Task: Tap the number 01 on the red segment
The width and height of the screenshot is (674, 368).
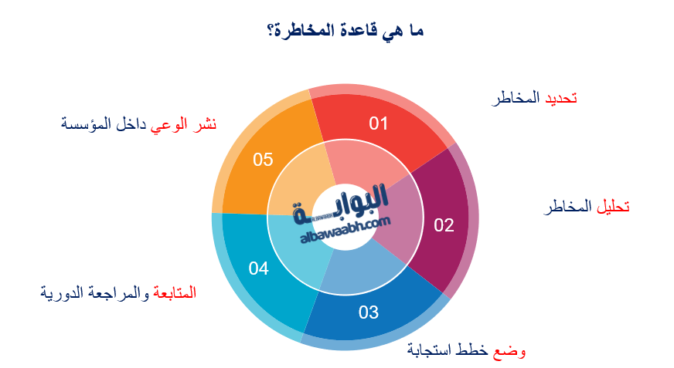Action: (378, 123)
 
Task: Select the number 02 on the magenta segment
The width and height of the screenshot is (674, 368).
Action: (444, 225)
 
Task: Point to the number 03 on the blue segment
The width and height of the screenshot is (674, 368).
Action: (369, 312)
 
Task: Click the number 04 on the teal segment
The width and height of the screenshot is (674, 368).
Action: (258, 268)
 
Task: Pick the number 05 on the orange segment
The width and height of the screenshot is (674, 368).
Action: (264, 160)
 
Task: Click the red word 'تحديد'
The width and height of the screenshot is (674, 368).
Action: (562, 99)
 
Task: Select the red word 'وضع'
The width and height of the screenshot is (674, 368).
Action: (509, 351)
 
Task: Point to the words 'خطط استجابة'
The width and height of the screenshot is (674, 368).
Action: (449, 351)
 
